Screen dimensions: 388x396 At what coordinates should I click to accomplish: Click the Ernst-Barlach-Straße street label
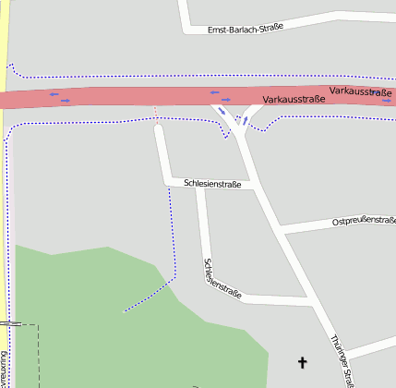point(245,28)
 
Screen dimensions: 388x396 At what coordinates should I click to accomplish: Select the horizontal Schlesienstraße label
point(212,184)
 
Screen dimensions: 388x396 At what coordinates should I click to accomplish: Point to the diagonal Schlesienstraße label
point(221,278)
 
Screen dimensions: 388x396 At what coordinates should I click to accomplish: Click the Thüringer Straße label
point(342,360)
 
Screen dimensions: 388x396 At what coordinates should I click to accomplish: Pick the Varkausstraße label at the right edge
point(360,91)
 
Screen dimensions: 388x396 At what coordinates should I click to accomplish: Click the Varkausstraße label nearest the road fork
point(294,98)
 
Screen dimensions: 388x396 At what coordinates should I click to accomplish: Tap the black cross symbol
point(301,362)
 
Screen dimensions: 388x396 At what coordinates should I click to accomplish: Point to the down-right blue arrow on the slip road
point(222,112)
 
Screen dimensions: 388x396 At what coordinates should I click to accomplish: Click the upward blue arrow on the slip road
point(246,119)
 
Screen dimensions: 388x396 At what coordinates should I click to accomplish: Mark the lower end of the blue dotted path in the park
point(124,312)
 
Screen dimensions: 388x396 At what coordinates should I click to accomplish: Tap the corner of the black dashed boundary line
point(38,325)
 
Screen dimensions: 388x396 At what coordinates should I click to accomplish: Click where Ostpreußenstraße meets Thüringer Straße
point(282,227)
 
